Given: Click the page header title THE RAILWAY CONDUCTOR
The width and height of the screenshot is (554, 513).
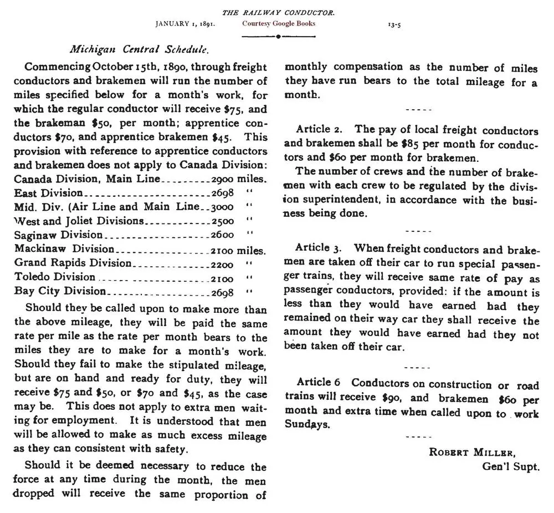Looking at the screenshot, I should coord(278,12).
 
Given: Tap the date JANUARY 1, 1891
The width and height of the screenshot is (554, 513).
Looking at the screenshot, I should coord(185,24).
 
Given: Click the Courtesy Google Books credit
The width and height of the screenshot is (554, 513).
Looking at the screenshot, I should coord(279,24).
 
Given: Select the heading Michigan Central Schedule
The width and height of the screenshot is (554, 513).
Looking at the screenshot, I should coord(139,49).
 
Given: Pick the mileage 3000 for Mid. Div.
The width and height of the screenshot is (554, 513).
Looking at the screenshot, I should coord(223,207).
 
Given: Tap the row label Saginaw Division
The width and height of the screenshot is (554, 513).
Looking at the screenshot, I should coord(58,235).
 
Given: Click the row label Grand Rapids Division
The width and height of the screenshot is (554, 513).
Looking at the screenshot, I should coord(73,262).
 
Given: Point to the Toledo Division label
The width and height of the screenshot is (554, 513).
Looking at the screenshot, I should coord(55,276).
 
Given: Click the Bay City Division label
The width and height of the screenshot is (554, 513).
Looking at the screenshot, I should coord(60,291).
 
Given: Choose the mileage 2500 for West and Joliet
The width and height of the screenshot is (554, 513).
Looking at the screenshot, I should coord(223,221).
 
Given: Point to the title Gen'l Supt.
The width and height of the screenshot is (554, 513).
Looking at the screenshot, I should coord(510,466).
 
